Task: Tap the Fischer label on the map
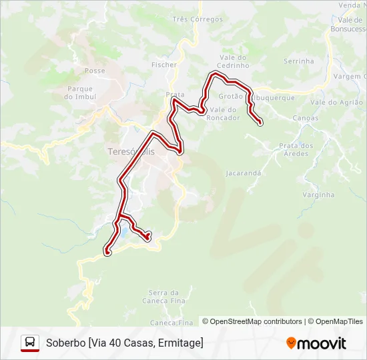point(164,65)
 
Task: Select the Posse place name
point(95,70)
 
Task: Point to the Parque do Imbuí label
point(79,93)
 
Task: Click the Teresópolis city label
point(131,151)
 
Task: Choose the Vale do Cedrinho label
point(233,62)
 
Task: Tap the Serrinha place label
point(298,61)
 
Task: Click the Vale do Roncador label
point(224,113)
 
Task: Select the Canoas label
point(306,118)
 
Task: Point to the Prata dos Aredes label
point(296,149)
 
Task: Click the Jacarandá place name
point(244,173)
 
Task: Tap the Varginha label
point(318,195)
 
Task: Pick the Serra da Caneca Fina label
point(163,297)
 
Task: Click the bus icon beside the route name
point(30,343)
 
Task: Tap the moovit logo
point(316,343)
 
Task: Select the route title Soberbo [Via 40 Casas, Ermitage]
point(125,343)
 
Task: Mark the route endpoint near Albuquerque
point(259,122)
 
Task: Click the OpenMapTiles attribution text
point(339,321)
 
